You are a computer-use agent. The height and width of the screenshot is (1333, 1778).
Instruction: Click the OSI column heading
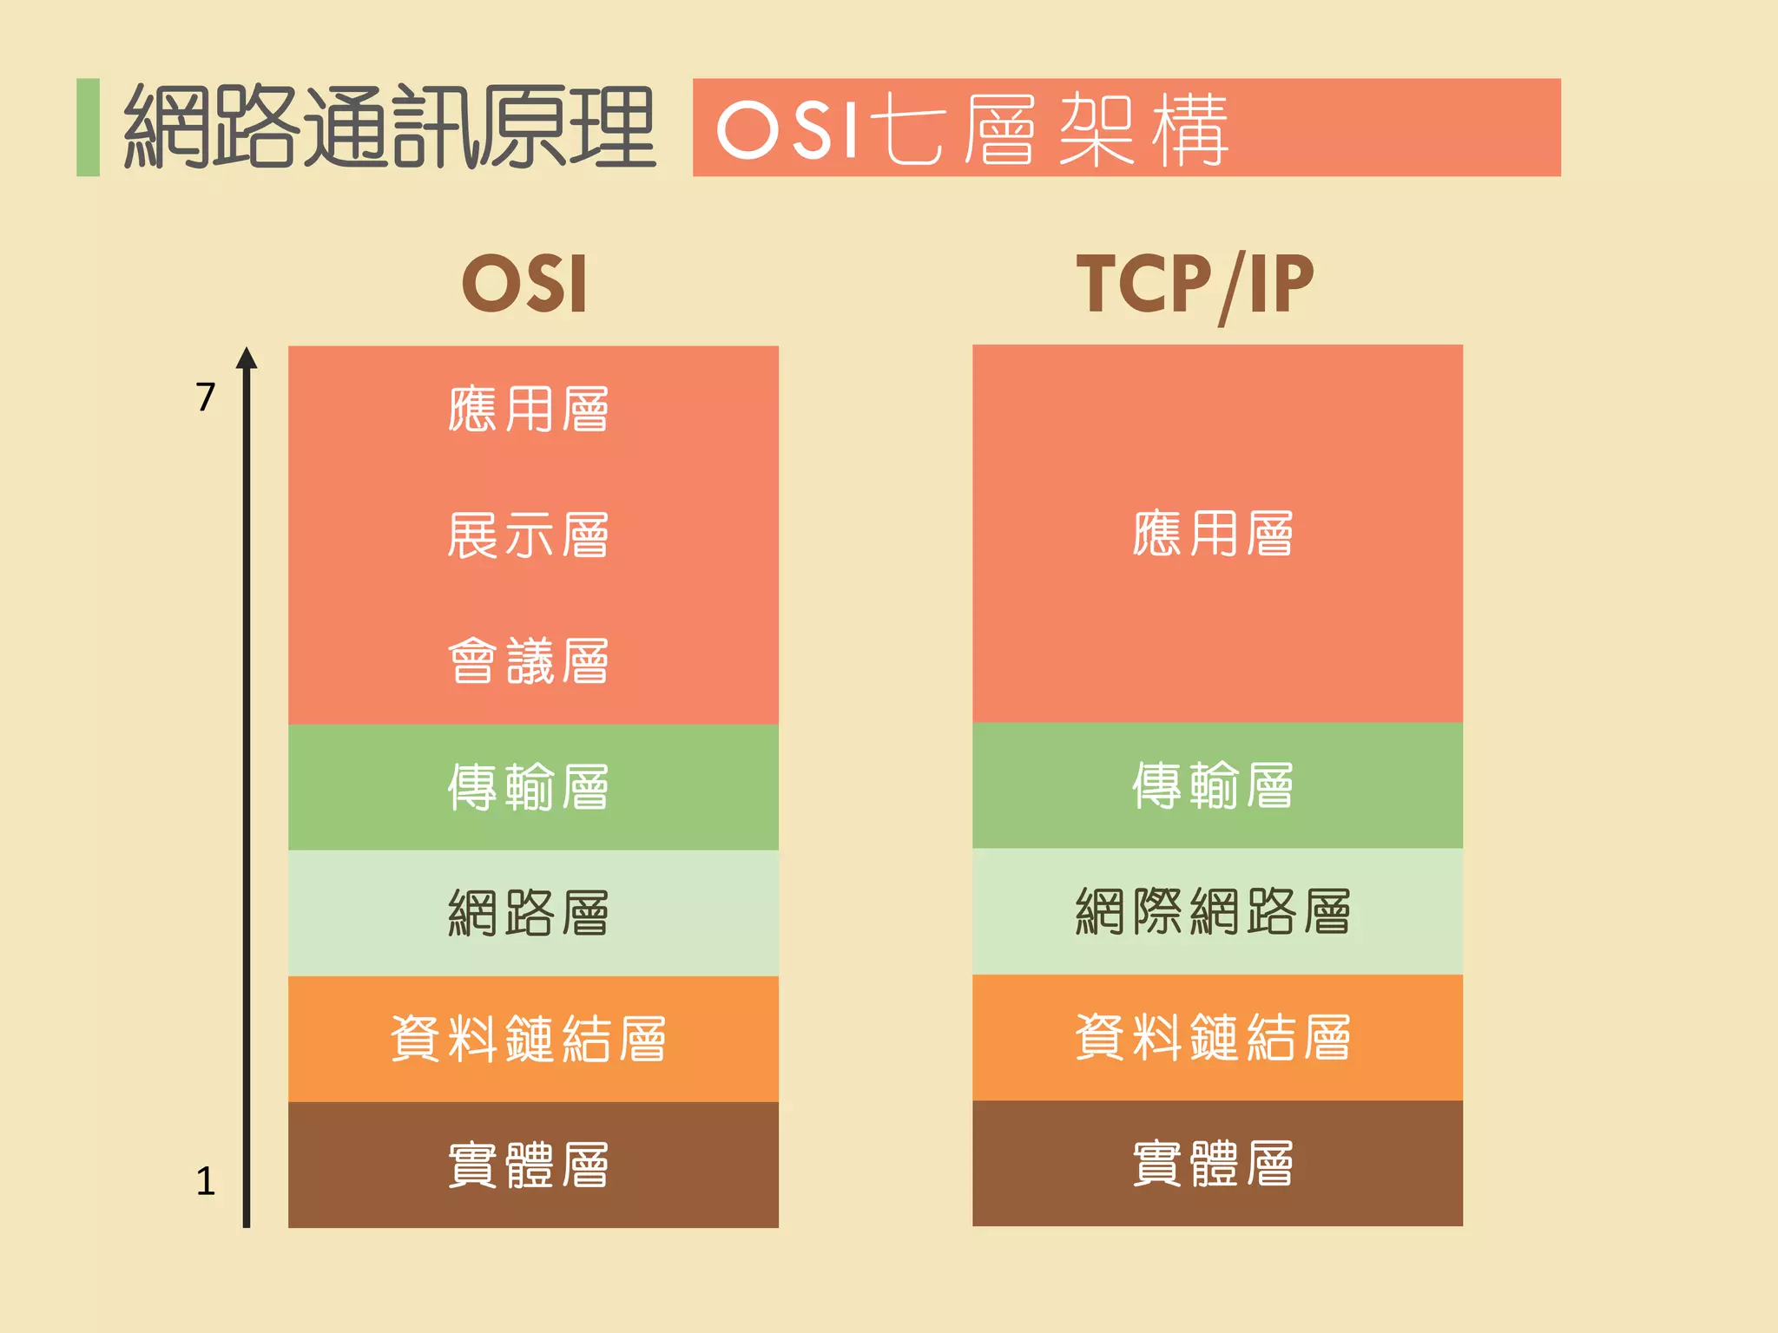click(x=525, y=284)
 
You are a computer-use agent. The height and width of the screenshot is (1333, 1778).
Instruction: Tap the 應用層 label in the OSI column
click(x=528, y=409)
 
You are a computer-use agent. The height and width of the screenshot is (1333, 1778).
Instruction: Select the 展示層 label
click(x=528, y=535)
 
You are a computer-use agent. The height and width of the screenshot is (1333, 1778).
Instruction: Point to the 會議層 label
click(x=528, y=660)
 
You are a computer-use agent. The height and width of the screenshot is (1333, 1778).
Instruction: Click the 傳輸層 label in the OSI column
click(x=528, y=786)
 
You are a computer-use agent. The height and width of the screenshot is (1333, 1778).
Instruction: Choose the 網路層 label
click(x=528, y=912)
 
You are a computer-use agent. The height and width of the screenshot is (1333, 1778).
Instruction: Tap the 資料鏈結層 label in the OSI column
click(x=528, y=1038)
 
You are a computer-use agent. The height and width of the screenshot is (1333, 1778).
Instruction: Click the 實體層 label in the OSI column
click(x=528, y=1164)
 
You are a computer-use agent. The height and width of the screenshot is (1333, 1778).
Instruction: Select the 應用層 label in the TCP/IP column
click(x=1213, y=533)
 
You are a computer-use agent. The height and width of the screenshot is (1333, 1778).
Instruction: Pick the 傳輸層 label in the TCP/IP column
click(x=1213, y=785)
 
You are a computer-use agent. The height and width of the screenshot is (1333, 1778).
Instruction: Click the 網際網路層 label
click(x=1213, y=910)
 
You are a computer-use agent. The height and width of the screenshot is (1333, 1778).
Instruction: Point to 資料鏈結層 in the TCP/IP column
click(x=1213, y=1036)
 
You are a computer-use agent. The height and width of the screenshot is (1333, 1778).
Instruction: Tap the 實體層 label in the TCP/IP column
click(x=1213, y=1162)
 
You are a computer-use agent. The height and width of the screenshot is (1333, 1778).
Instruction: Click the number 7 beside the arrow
click(x=205, y=397)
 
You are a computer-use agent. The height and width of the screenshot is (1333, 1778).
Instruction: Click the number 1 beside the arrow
click(x=205, y=1181)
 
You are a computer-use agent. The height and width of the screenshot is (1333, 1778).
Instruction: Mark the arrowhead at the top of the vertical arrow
click(x=247, y=358)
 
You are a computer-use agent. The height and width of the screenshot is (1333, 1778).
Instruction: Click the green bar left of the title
click(x=88, y=128)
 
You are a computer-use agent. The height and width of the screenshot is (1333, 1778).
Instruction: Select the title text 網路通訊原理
click(x=389, y=128)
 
